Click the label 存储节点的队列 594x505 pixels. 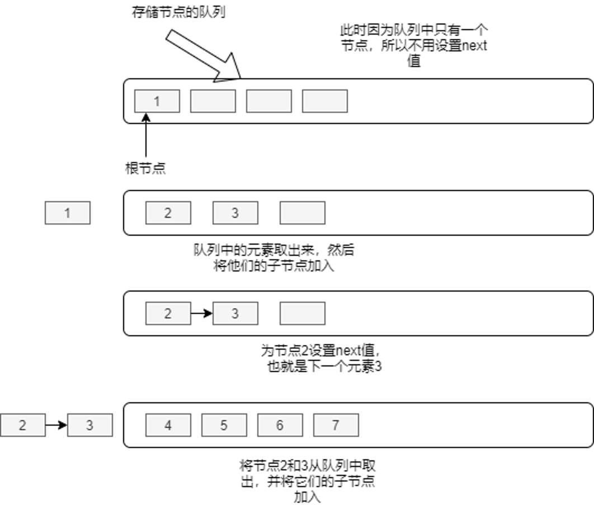point(178,12)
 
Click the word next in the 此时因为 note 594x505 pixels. point(474,46)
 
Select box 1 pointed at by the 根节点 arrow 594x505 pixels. point(157,101)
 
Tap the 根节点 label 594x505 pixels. point(145,169)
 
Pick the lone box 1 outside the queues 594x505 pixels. point(68,213)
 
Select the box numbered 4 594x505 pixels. point(168,425)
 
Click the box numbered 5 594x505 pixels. point(224,425)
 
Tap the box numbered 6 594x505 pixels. point(280,425)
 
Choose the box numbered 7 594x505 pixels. point(336,425)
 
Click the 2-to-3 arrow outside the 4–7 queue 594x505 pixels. point(56,425)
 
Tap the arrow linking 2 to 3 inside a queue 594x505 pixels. point(201,313)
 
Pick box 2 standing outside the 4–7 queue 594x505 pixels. point(22,425)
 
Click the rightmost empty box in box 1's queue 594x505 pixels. point(325,101)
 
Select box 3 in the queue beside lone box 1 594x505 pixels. point(235,213)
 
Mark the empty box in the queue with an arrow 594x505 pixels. point(303,313)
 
